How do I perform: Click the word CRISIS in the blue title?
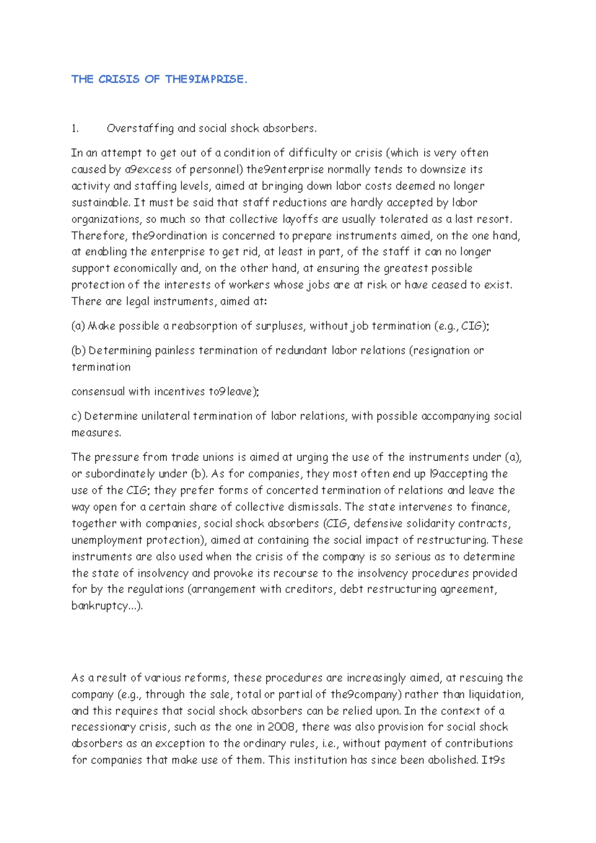point(119,79)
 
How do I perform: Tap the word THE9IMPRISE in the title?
point(206,79)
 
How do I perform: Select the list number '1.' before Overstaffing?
point(75,129)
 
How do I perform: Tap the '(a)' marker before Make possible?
point(78,326)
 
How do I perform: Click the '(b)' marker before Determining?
point(78,351)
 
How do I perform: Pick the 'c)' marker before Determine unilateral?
point(76,416)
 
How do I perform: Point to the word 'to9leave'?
point(232,392)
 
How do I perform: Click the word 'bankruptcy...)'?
point(107,606)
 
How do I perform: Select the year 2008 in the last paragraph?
point(281,727)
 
